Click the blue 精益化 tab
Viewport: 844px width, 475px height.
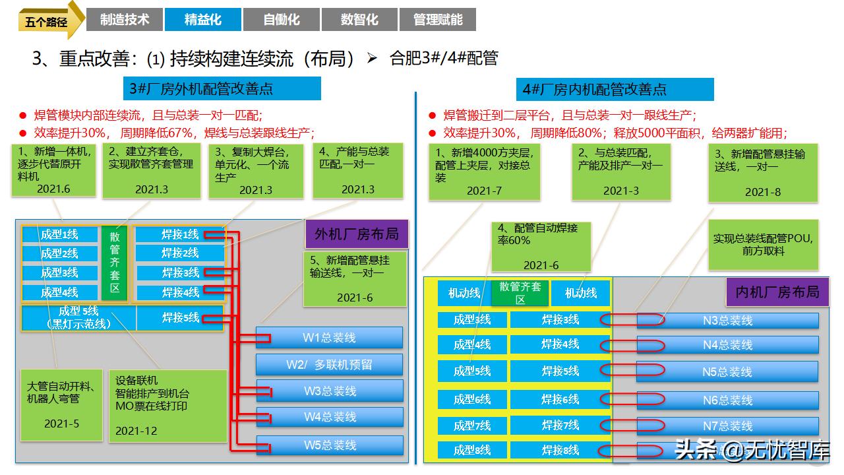click(x=203, y=19)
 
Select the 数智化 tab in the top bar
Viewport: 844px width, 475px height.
click(x=359, y=19)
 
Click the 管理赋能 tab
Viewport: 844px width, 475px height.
click(x=438, y=19)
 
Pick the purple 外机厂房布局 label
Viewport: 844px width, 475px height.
click(x=357, y=234)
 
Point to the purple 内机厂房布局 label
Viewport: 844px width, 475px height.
click(x=777, y=292)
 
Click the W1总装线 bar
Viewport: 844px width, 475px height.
click(x=329, y=337)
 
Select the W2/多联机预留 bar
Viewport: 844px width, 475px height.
click(x=329, y=365)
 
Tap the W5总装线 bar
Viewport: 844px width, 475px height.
click(x=330, y=445)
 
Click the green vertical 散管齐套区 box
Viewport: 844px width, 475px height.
click(x=115, y=263)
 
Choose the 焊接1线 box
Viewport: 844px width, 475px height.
click(x=180, y=234)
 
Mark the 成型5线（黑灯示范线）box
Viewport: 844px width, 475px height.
click(x=78, y=318)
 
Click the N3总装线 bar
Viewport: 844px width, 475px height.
click(x=727, y=321)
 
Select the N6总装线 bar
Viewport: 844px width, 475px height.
click(x=727, y=400)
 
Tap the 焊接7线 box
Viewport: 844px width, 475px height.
click(x=560, y=426)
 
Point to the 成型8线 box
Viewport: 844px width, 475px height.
click(x=472, y=450)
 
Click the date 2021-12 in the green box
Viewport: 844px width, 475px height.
click(x=136, y=431)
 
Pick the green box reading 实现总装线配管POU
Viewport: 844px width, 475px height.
click(x=764, y=245)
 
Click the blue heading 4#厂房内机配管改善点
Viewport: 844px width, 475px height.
click(x=615, y=89)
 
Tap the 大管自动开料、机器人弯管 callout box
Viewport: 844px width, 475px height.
click(x=61, y=405)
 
